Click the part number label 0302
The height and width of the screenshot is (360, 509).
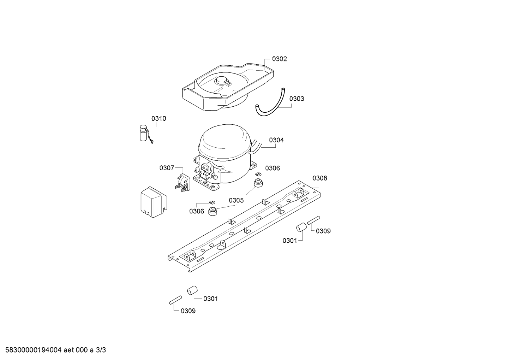point(279,59)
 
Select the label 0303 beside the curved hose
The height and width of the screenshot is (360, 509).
point(297,99)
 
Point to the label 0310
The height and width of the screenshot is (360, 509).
point(158,118)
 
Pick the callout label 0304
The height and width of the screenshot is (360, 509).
point(276,140)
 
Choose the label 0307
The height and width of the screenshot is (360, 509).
point(167,168)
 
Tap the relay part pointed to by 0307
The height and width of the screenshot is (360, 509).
point(183,182)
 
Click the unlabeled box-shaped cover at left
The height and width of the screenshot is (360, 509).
point(154,202)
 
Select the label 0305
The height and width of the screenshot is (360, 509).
point(236,200)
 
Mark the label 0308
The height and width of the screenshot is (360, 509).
point(319,178)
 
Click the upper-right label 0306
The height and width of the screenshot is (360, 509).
point(273,168)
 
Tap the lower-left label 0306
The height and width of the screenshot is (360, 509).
point(197,211)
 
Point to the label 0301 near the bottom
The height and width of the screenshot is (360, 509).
point(210,299)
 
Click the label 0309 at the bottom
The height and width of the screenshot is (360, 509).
point(188,311)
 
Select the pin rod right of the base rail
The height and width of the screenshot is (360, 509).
point(314,220)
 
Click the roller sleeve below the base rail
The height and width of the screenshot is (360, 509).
point(192,290)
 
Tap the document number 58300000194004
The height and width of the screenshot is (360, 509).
point(33,350)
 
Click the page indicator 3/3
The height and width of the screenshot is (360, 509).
point(101,350)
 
